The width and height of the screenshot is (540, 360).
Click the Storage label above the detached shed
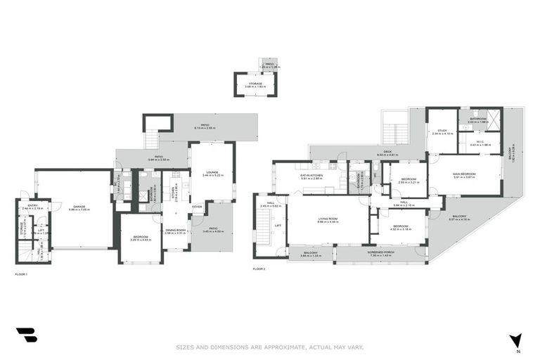(255, 83)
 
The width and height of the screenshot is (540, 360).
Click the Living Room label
(328, 219)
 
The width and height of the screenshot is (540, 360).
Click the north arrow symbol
(517, 340)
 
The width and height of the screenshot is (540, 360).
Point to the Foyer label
(198, 207)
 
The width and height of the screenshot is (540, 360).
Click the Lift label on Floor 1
(41, 230)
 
